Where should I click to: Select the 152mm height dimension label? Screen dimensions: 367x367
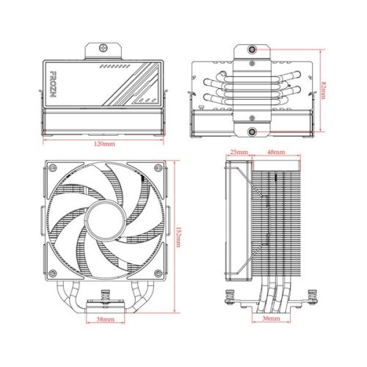pyautogui.click(x=178, y=236)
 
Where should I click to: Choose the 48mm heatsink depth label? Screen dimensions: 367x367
pyautogui.click(x=275, y=153)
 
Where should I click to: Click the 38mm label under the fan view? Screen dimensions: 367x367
pyautogui.click(x=104, y=321)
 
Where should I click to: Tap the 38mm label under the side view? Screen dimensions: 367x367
pyautogui.click(x=271, y=321)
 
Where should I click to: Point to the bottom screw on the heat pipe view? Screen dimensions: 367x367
pyautogui.click(x=252, y=132)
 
